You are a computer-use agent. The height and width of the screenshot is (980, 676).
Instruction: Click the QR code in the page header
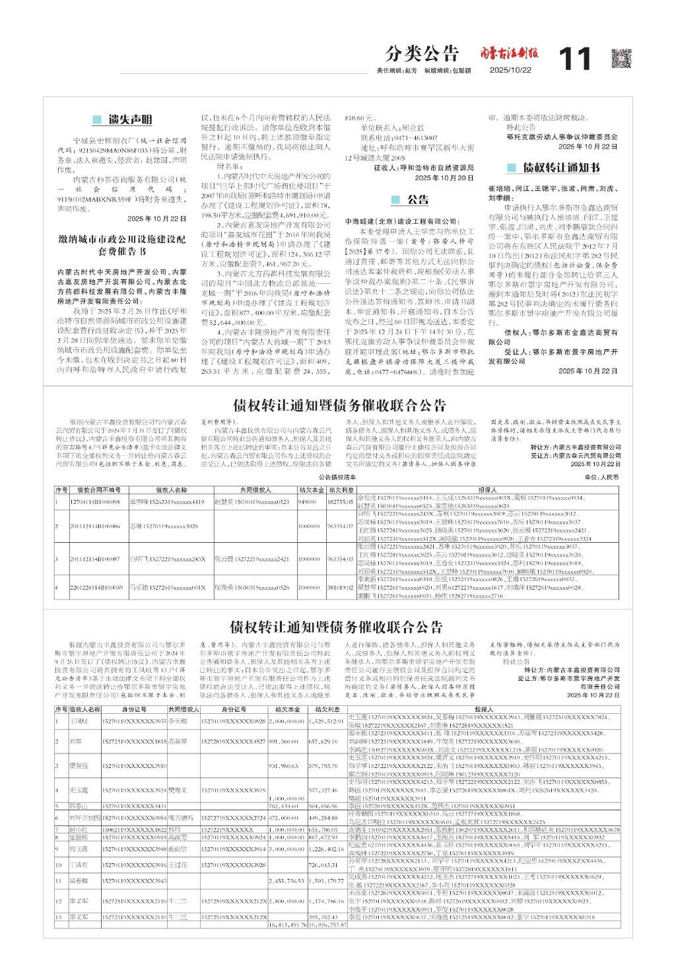[621, 58]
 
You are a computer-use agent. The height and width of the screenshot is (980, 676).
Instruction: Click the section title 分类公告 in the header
[422, 53]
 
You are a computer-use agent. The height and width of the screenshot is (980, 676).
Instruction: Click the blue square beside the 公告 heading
[396, 199]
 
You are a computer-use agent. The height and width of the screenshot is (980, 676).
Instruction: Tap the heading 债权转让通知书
[561, 167]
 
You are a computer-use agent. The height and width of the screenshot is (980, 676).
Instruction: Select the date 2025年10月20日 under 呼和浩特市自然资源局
[444, 178]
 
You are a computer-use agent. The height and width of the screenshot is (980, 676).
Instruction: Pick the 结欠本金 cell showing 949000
[308, 502]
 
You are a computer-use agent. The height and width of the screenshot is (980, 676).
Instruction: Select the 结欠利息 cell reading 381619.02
[339, 587]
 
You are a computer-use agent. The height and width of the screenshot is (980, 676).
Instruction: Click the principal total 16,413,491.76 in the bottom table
[288, 925]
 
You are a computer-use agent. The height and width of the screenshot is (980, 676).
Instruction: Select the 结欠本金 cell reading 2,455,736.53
[288, 881]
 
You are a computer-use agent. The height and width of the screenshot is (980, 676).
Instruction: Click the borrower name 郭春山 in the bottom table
[79, 806]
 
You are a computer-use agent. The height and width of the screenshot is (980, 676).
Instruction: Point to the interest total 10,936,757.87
[328, 925]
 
